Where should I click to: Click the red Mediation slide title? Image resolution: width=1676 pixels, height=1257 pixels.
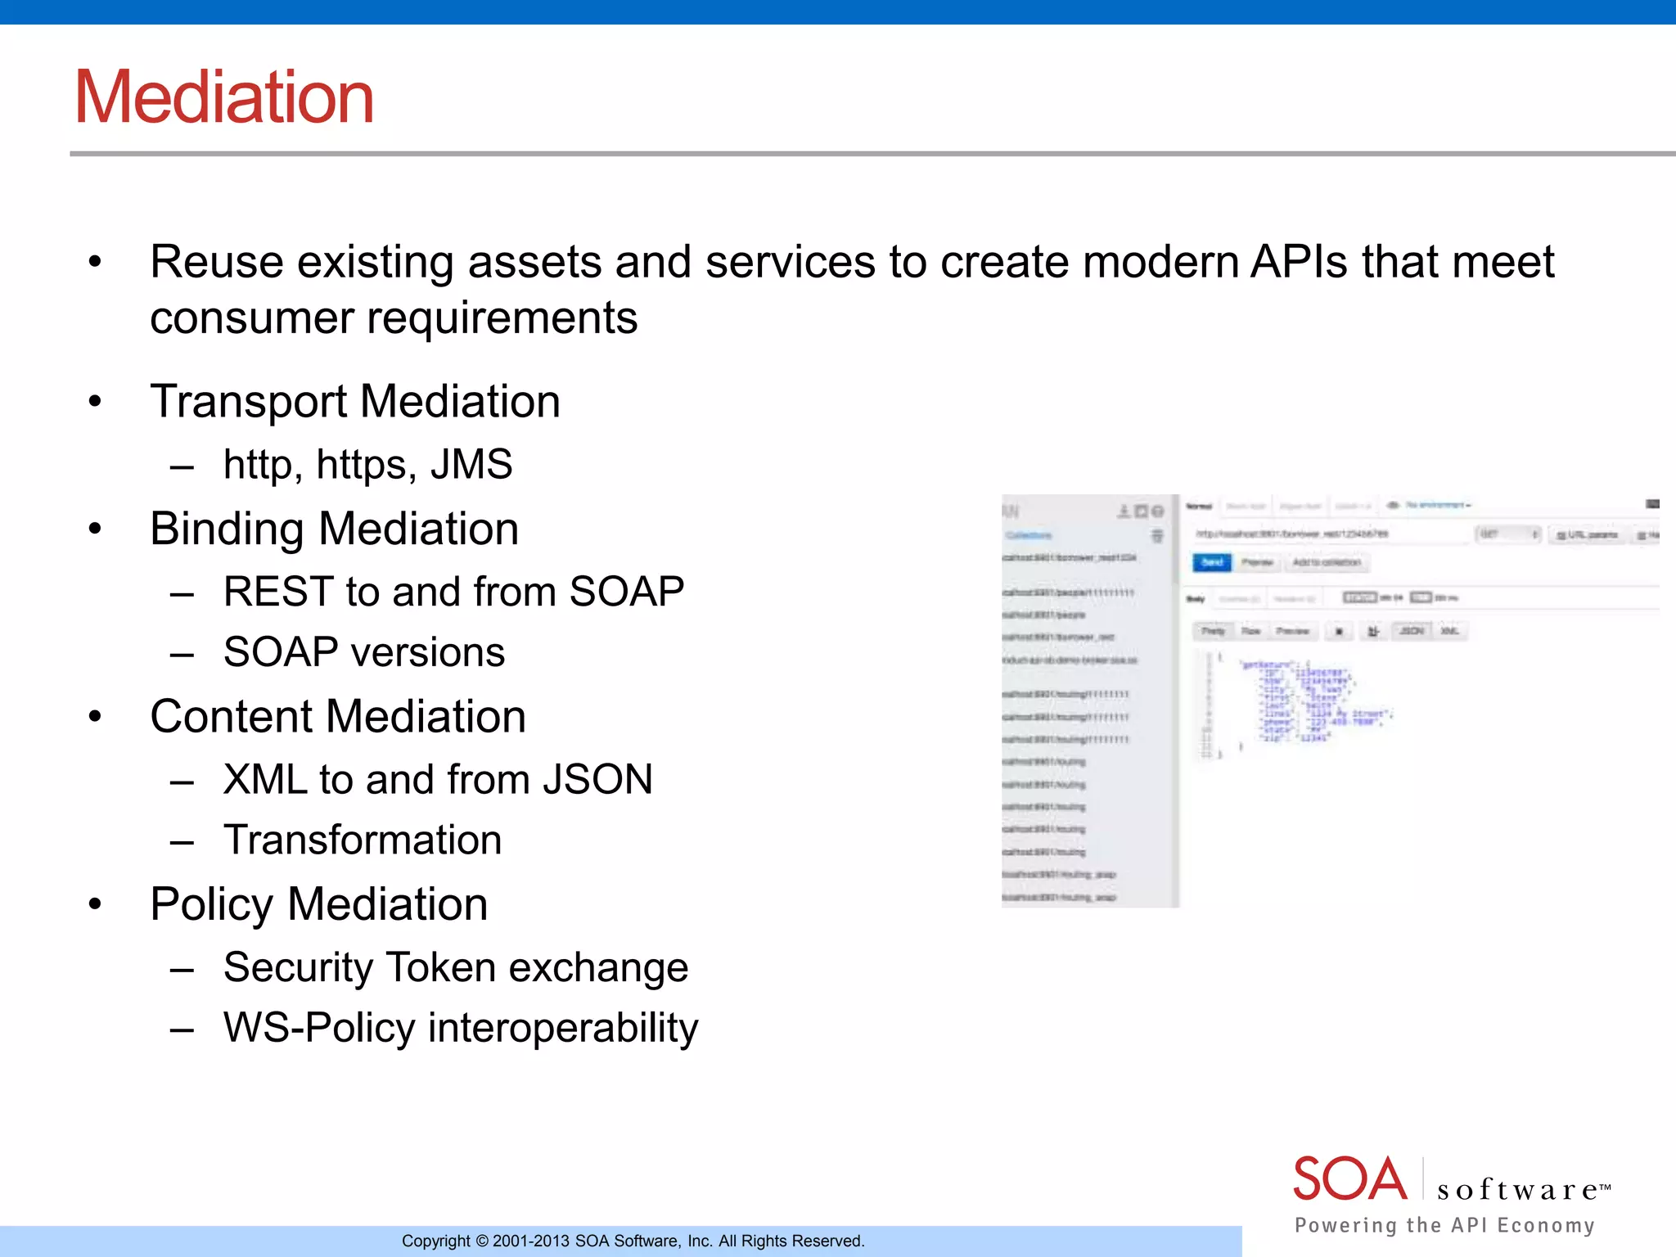[x=224, y=97]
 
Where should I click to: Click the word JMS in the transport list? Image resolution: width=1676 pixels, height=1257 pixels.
[x=471, y=465]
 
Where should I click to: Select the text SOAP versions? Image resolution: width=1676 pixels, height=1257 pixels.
[x=364, y=653]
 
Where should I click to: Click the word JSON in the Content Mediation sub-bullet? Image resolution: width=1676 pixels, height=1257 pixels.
[x=597, y=779]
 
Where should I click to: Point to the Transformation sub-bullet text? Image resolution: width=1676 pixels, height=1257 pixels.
[x=363, y=840]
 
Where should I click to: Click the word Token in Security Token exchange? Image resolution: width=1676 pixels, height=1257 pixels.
[x=440, y=967]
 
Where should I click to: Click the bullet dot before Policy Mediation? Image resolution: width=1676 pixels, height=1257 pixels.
[x=96, y=904]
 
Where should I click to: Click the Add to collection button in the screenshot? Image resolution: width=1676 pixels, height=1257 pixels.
[x=1327, y=562]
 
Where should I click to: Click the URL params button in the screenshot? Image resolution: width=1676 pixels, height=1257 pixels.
[x=1587, y=535]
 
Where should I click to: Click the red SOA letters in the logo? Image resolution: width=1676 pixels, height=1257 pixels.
[x=1349, y=1179]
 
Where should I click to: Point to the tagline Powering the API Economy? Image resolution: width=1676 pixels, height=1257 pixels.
[x=1444, y=1225]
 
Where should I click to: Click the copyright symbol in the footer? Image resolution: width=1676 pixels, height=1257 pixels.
[x=482, y=1241]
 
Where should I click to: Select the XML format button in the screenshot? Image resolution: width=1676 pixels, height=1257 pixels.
[x=1449, y=631]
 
